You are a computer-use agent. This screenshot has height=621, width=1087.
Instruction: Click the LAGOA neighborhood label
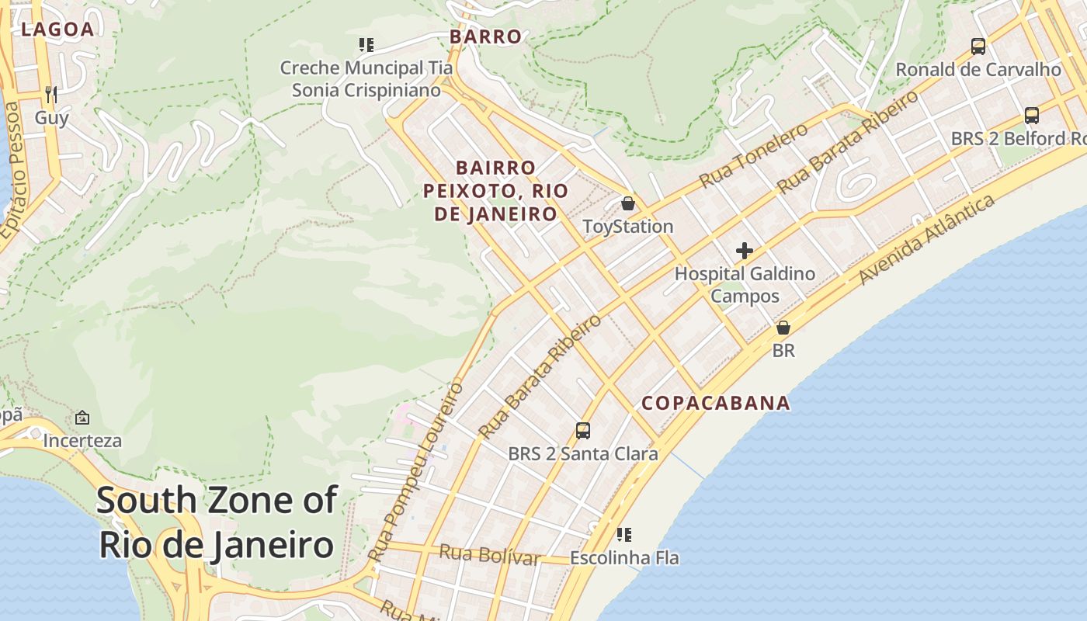(57, 29)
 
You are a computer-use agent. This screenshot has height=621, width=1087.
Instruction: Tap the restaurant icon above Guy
(51, 95)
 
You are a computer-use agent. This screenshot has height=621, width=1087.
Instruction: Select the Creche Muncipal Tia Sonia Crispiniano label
(366, 79)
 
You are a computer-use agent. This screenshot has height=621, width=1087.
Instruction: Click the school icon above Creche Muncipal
(366, 45)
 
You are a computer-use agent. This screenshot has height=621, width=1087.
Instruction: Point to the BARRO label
(485, 36)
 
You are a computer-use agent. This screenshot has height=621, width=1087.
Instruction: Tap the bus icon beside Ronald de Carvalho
(978, 47)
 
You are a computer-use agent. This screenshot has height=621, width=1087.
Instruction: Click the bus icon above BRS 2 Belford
(1031, 116)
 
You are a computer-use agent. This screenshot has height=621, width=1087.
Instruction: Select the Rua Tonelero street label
(753, 156)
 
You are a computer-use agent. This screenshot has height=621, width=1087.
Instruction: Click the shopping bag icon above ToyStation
(628, 204)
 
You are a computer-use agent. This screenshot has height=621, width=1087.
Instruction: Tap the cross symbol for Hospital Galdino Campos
(745, 251)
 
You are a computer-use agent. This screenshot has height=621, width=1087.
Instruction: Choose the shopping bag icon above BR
(783, 328)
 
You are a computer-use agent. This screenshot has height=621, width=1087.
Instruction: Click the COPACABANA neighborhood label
(715, 403)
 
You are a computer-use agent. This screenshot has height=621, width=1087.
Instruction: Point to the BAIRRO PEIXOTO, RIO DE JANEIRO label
(495, 191)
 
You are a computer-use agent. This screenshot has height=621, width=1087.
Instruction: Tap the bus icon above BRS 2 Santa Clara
(583, 431)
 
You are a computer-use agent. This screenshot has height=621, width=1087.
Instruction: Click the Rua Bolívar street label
(489, 555)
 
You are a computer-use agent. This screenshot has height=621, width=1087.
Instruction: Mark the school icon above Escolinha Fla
(624, 535)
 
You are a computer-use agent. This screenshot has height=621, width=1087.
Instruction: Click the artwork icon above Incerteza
(82, 418)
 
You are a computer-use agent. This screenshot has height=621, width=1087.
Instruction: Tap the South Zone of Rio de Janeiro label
(217, 522)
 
